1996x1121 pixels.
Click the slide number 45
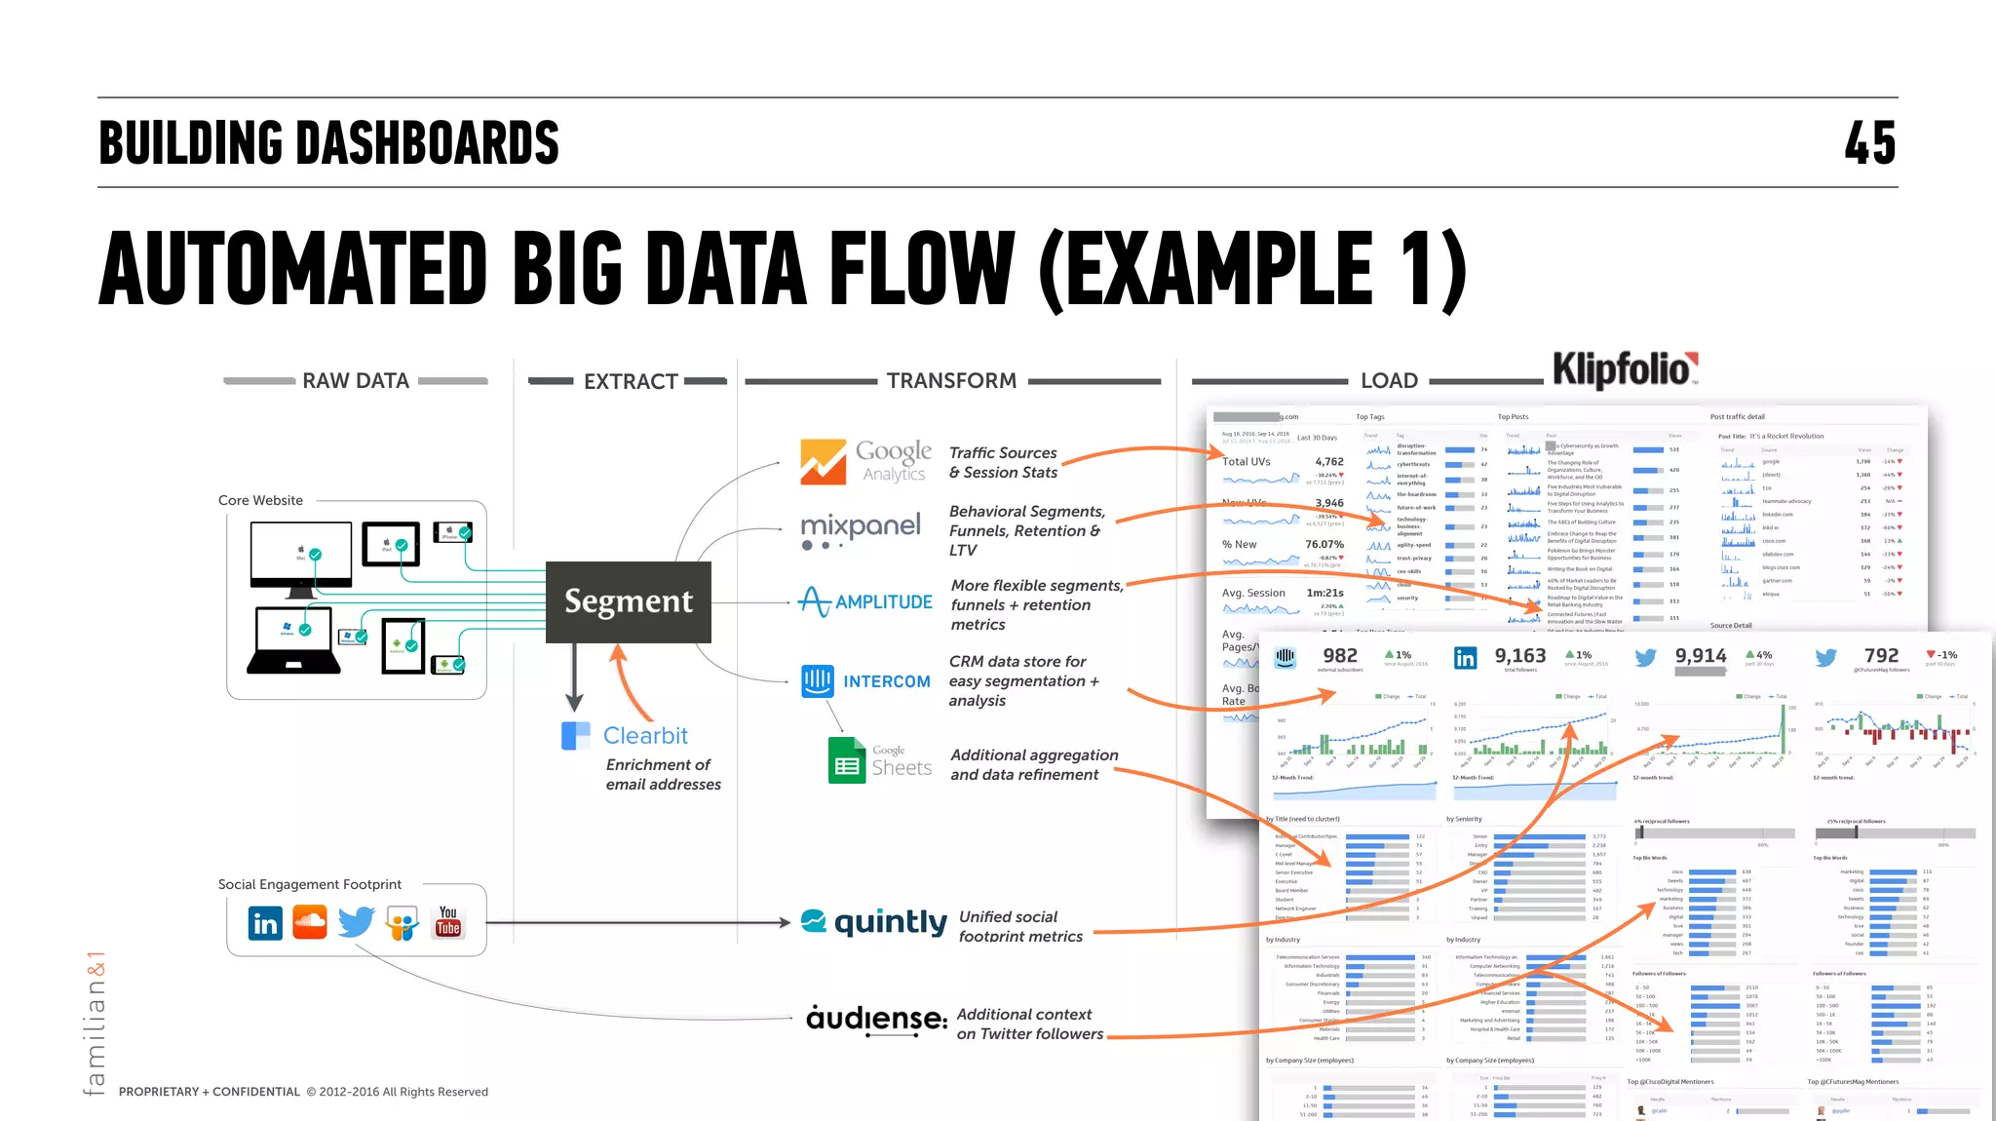[x=1869, y=143]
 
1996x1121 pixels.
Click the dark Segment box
[x=629, y=601]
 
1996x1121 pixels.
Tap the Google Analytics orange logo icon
[x=824, y=462]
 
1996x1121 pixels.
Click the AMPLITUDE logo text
[x=883, y=602]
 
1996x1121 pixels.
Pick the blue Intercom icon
[x=818, y=680]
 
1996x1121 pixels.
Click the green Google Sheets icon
[x=847, y=760]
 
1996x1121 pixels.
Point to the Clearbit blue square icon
[x=576, y=735]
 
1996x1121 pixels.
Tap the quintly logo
[x=873, y=921]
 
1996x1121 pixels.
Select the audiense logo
[x=876, y=1019]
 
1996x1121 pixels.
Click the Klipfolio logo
[x=1624, y=370]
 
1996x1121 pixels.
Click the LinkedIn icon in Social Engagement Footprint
[x=265, y=922]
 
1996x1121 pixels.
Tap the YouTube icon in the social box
[x=448, y=921]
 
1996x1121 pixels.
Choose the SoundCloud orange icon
[x=310, y=921]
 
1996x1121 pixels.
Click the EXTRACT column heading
[x=631, y=381]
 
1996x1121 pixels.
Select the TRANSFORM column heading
[x=951, y=381]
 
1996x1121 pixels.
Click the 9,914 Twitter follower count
[x=1700, y=656]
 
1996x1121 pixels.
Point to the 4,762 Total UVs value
[x=1328, y=462]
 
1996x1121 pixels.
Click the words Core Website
[x=260, y=500]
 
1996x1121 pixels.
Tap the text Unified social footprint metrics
[x=1019, y=926]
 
